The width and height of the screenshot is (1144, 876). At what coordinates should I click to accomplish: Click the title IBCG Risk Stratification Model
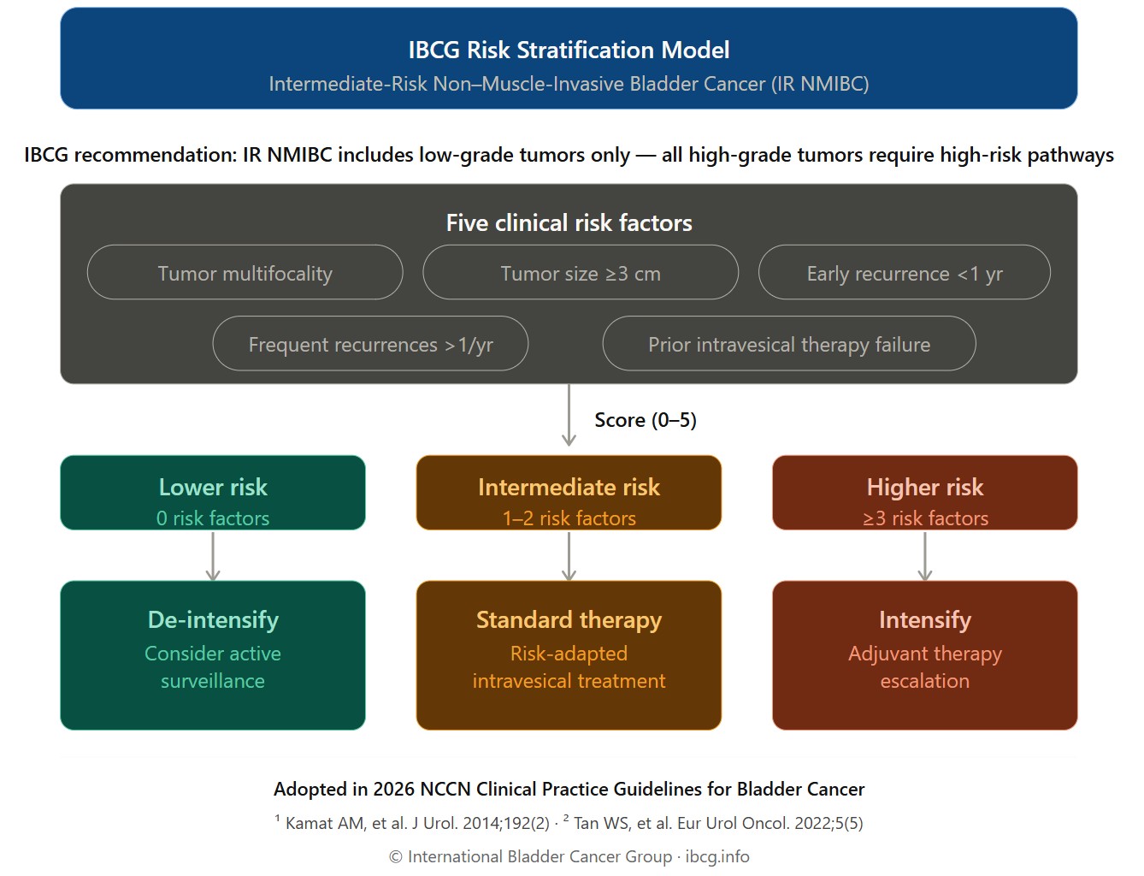point(569,50)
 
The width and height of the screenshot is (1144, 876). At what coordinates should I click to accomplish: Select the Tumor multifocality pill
point(245,273)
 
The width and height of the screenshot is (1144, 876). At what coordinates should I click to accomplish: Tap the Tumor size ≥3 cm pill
point(581,273)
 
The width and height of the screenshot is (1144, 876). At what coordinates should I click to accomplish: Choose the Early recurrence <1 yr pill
point(904,273)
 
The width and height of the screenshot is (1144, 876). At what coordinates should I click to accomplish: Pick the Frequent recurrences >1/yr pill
point(370,344)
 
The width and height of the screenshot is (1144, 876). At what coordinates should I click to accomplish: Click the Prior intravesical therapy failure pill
point(788,344)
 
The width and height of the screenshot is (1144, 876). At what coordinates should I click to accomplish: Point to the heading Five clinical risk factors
point(569,223)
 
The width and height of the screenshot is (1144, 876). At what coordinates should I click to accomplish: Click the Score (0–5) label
point(646,420)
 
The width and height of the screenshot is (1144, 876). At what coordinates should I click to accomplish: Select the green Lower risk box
point(213,493)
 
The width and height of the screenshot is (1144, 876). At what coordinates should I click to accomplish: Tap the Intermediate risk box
point(569,493)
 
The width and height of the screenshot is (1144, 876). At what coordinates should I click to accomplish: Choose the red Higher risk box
point(924,493)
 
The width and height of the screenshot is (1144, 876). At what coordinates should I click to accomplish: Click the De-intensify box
point(213,655)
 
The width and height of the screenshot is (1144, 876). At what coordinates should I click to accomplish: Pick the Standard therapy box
point(569,655)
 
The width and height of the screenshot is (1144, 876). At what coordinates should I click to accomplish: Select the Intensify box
point(924,655)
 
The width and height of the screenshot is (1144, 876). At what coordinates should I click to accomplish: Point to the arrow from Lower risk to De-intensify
point(213,556)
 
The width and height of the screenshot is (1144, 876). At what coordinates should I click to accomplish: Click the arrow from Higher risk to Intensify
point(924,556)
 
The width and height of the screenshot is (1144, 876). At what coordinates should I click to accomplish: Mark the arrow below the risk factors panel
point(569,416)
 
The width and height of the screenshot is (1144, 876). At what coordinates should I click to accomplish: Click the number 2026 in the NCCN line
point(392,789)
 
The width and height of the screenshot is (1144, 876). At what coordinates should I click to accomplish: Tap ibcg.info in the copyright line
point(717,856)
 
